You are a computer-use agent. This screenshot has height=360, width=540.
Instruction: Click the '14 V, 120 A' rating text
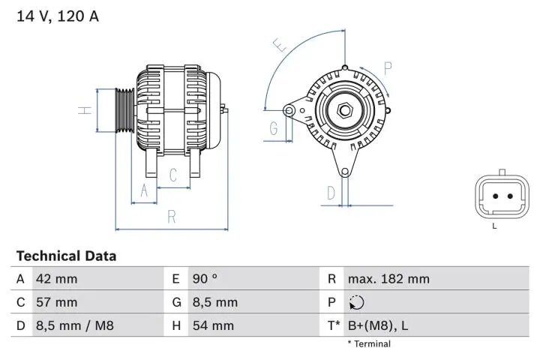(x=58, y=16)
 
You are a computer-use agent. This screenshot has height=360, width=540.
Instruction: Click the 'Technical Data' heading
(x=66, y=256)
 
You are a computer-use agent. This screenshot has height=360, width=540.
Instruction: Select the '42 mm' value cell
(x=56, y=279)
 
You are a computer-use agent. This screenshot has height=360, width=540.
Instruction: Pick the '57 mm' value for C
(x=56, y=302)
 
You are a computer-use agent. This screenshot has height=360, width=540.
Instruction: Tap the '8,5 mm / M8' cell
(x=74, y=325)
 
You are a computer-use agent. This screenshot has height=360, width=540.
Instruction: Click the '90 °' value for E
(x=205, y=279)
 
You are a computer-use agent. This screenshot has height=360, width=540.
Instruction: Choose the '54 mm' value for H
(x=213, y=325)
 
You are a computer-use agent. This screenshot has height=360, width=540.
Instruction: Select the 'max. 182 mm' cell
(x=388, y=279)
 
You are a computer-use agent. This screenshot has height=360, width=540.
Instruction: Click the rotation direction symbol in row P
(x=355, y=303)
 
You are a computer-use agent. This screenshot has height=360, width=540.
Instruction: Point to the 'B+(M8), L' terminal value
(x=378, y=325)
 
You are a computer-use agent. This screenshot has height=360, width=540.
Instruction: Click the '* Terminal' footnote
(x=368, y=343)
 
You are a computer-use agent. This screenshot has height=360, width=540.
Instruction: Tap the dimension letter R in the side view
(x=172, y=217)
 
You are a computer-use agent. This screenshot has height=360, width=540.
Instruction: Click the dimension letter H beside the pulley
(x=86, y=109)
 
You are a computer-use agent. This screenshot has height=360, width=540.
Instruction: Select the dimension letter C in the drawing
(x=173, y=175)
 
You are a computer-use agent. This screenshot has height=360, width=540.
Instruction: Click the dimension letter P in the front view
(x=388, y=68)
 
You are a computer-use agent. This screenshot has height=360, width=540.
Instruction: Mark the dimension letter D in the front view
(x=331, y=194)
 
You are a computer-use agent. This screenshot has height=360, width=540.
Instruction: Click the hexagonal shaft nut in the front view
(x=344, y=111)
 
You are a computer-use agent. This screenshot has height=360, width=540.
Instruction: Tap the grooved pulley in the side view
(x=124, y=110)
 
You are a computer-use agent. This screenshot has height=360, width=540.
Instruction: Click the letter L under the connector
(x=494, y=226)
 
